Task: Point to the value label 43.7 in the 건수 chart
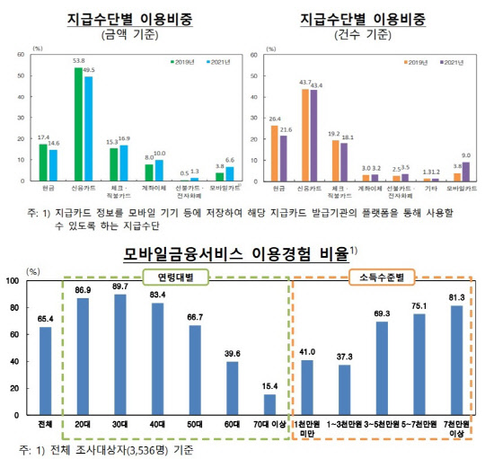click(x=307, y=83)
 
